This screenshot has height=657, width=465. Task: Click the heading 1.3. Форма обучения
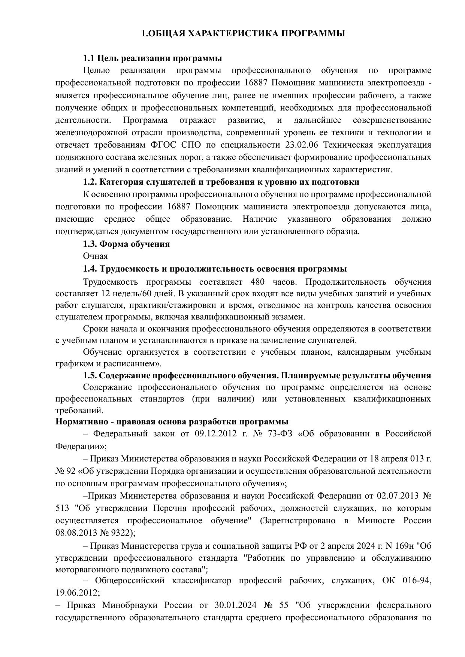pyautogui.click(x=126, y=244)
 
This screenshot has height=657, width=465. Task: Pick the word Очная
pyautogui.click(x=95, y=256)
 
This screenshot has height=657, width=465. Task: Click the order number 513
pyautogui.click(x=62, y=508)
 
